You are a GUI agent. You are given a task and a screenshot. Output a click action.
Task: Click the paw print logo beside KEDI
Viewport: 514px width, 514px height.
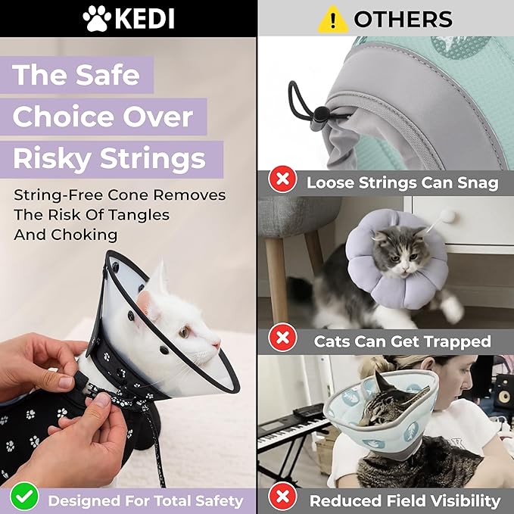pos(96,18)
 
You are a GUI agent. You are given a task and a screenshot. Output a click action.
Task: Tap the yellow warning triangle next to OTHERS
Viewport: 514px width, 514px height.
pos(332,19)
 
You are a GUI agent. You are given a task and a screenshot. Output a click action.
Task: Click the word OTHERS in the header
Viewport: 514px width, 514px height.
pos(403,19)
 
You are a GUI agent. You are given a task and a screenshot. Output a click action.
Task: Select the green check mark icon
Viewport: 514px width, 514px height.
pos(26,497)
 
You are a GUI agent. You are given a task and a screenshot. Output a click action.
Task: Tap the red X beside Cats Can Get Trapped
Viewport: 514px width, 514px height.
pos(283,341)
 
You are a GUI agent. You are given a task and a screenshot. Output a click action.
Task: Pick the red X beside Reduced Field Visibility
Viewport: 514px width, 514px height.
pos(283,500)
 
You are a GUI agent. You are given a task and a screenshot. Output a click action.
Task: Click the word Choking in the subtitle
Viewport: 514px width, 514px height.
pos(85,235)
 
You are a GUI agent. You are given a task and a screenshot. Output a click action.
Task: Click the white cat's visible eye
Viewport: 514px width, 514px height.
pos(183,332)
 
